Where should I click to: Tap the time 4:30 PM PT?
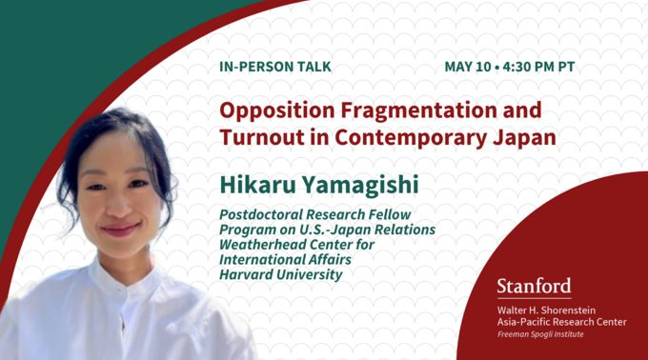(x=538, y=68)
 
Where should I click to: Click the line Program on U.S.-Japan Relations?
(x=327, y=230)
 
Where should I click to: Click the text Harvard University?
(x=280, y=276)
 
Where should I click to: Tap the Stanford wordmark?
(x=534, y=287)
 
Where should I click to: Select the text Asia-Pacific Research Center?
(x=561, y=322)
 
